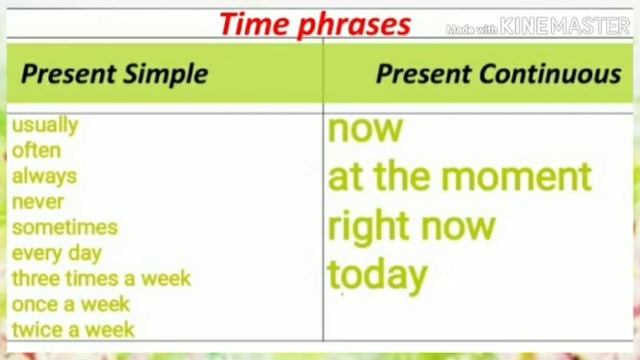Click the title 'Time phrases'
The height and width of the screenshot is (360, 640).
click(315, 24)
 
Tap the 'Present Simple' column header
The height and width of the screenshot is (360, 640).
click(114, 73)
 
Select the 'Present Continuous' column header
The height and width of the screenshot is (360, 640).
click(498, 73)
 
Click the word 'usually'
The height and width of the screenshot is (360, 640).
click(45, 125)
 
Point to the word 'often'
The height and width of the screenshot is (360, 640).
click(36, 150)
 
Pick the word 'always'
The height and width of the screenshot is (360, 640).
click(44, 176)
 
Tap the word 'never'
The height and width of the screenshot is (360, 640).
click(37, 201)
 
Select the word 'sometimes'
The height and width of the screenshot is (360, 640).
click(65, 227)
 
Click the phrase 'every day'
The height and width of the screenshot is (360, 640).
click(57, 253)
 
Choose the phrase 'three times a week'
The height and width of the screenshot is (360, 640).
click(101, 278)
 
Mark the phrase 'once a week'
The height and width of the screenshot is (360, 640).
click(71, 304)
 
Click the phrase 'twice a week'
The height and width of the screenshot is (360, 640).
click(73, 329)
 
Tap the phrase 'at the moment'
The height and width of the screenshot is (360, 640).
click(460, 177)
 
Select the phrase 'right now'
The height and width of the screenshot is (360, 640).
click(412, 226)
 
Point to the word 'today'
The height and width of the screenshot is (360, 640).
click(378, 275)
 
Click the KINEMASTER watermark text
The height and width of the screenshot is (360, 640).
click(565, 27)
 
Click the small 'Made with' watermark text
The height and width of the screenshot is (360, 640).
click(471, 29)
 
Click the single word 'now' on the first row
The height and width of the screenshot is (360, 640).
click(365, 128)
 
